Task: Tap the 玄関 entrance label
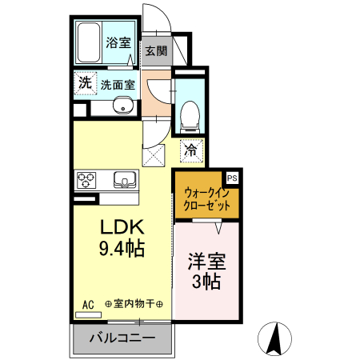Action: (156, 51)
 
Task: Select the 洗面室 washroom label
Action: (118, 83)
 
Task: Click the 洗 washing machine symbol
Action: (84, 82)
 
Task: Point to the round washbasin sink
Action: (123, 106)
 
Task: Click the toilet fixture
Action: (189, 117)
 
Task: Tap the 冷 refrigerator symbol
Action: (192, 149)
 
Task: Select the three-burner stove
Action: (86, 180)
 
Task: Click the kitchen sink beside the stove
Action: (124, 178)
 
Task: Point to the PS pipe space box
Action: (232, 178)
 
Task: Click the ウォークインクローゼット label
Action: (206, 198)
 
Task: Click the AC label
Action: (88, 304)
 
